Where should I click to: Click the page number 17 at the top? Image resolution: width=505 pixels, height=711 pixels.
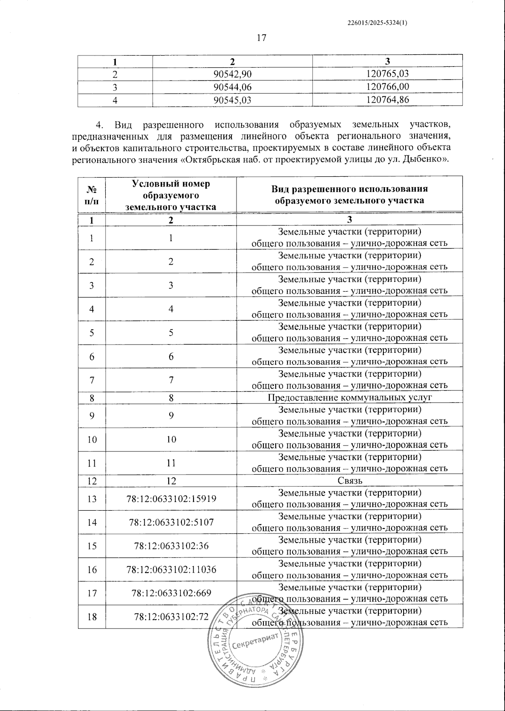(261, 38)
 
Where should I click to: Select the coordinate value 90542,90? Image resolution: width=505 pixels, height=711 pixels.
(232, 74)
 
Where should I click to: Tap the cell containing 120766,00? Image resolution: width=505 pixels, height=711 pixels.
(388, 87)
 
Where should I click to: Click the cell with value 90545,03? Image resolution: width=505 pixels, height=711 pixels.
(232, 100)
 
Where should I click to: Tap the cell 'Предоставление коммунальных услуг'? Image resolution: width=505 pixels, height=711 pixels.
(350, 398)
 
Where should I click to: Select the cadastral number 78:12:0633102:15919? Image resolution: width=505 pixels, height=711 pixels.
(171, 499)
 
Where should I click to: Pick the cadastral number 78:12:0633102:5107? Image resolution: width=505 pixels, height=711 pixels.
(171, 522)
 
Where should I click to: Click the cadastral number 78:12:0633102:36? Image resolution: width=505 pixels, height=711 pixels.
(171, 546)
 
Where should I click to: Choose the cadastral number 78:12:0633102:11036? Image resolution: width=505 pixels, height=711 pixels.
(171, 569)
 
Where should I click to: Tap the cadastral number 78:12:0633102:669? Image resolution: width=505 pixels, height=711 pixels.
(171, 593)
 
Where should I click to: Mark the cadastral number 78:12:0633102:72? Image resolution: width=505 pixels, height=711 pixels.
(171, 617)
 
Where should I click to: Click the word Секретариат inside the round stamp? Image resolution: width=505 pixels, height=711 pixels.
(256, 642)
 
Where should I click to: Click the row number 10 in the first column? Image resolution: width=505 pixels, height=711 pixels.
(92, 439)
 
